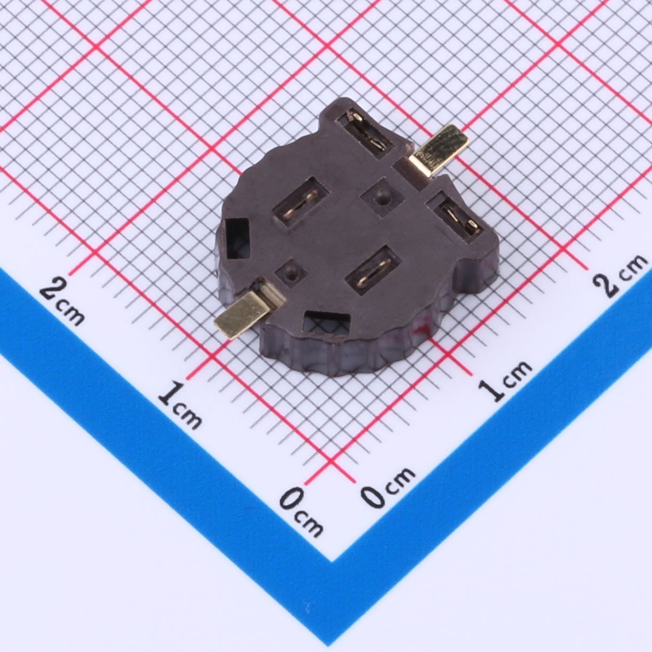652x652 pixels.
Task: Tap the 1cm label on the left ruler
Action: click(180, 405)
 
